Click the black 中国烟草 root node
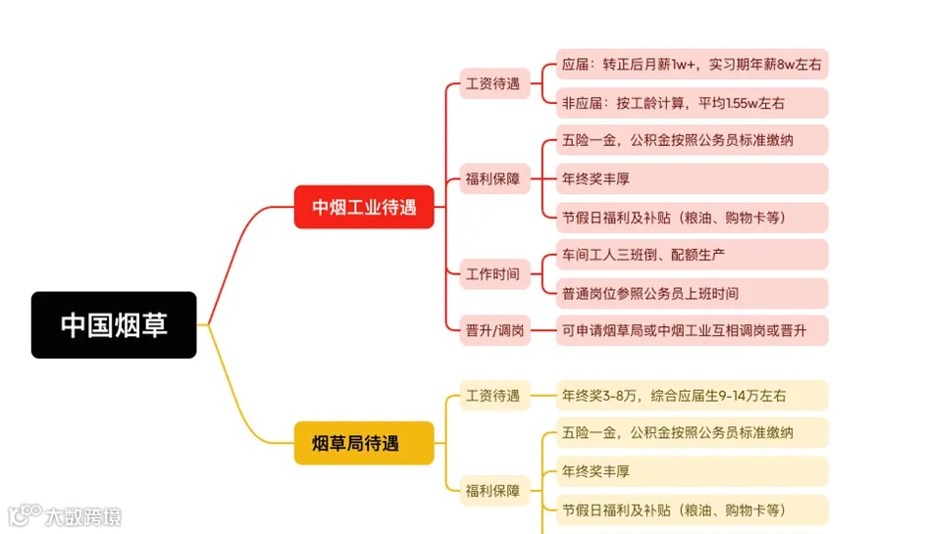(114, 324)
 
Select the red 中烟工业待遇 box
(364, 207)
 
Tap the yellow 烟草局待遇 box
(364, 443)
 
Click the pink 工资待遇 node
(493, 83)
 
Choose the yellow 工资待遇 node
(493, 396)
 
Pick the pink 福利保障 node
(493, 178)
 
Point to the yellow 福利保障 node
(493, 490)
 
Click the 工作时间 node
(493, 273)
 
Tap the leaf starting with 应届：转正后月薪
(692, 65)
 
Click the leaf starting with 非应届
(692, 103)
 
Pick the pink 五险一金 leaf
(692, 140)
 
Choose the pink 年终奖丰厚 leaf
(692, 178)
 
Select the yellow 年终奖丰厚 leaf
(692, 471)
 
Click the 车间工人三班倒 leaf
(692, 255)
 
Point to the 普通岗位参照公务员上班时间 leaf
(692, 293)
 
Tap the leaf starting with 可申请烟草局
(692, 330)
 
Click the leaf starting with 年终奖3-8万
(692, 396)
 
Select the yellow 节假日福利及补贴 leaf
(692, 510)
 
